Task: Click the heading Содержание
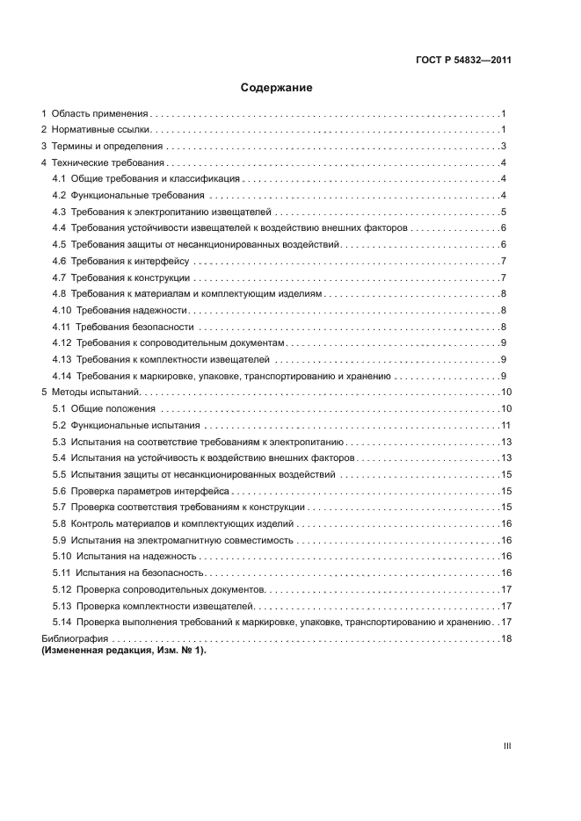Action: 277,88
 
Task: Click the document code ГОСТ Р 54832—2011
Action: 463,61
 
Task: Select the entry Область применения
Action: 99,114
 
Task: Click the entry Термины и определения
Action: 106,147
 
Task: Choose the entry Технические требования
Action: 108,163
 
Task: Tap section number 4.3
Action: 59,212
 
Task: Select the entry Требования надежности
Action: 132,310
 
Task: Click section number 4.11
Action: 62,327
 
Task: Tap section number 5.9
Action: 59,540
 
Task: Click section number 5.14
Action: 62,622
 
